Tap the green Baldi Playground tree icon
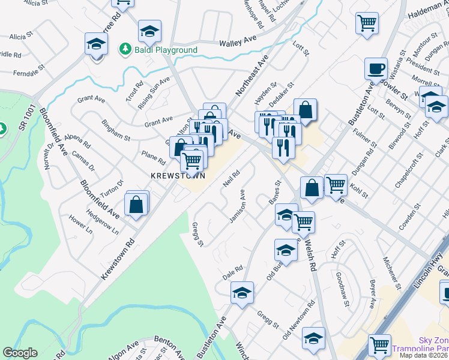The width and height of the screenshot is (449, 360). [x=125, y=48]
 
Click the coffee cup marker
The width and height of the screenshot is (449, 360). [x=376, y=68]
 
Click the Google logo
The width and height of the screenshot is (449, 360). [x=20, y=353]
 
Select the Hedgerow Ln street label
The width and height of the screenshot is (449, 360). [x=102, y=223]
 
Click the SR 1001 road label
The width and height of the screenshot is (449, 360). [x=26, y=114]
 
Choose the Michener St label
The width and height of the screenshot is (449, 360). [x=392, y=270]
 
